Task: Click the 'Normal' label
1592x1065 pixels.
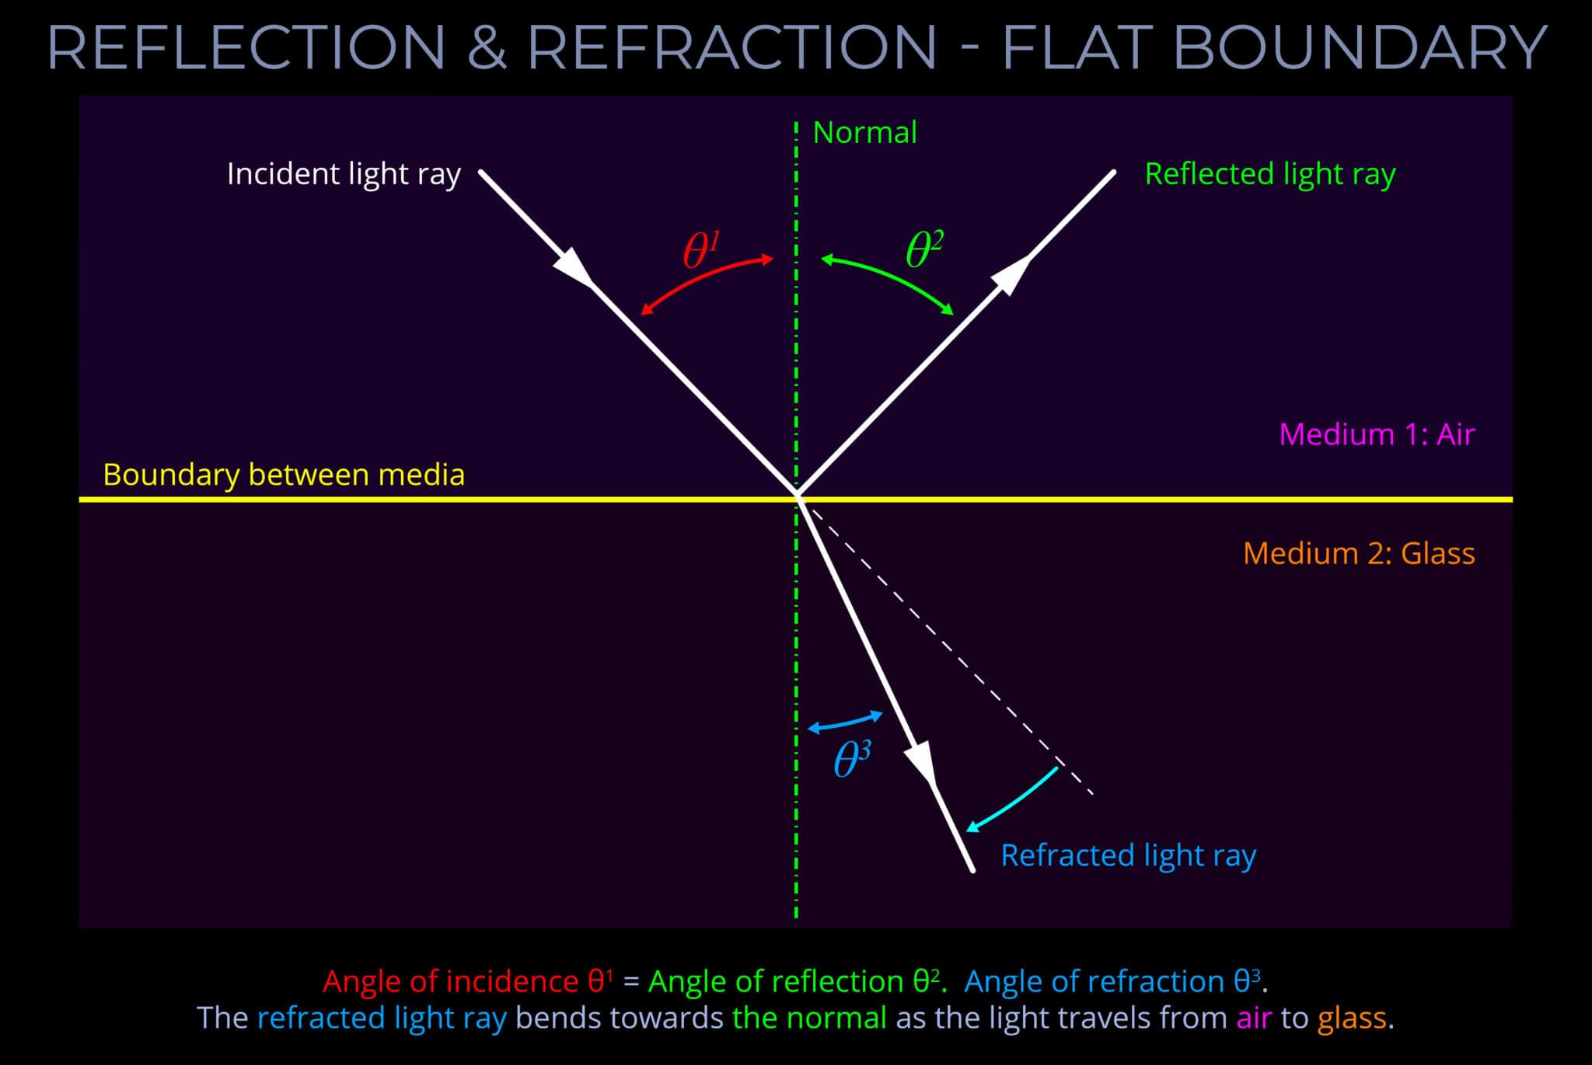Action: coord(864,133)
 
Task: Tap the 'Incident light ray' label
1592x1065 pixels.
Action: coord(344,174)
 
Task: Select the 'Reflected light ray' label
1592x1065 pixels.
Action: coord(1269,174)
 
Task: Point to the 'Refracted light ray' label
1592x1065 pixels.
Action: coord(1128,855)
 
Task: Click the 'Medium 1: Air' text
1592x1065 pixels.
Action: coord(1376,434)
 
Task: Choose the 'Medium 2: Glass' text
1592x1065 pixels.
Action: coord(1358,554)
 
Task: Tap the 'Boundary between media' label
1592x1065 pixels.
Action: coord(284,475)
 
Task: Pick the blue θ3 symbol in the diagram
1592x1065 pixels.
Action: coord(851,759)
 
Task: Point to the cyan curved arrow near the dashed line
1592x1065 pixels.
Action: coord(1014,798)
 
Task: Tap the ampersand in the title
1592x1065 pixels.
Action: coord(487,47)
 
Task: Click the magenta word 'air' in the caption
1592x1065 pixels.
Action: coord(1253,1018)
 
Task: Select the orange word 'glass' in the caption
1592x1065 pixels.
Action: coord(1351,1018)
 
